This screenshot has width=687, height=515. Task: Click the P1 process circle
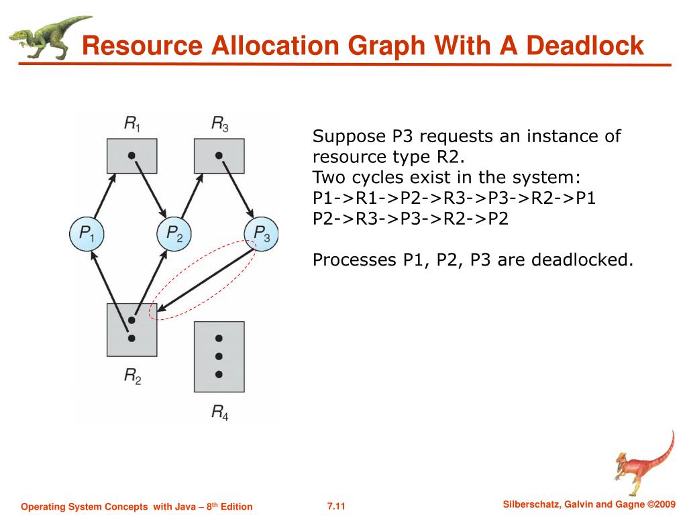tap(87, 234)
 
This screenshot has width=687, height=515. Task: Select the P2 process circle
tap(174, 234)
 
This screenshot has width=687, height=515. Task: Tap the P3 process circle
tap(261, 234)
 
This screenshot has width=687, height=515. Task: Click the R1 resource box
tap(132, 156)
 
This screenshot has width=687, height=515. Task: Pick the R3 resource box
tap(219, 156)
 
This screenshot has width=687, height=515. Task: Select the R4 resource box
tap(219, 357)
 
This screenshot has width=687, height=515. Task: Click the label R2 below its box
tap(133, 376)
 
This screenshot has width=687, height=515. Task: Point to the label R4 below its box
tap(220, 412)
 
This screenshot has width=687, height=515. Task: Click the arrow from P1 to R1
tap(104, 195)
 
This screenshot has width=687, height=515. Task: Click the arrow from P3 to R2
tap(206, 280)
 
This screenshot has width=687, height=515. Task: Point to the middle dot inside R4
tap(219, 357)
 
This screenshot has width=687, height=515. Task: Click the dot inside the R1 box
tap(131, 156)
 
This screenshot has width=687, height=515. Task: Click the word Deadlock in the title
tap(585, 45)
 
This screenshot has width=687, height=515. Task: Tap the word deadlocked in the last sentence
tap(582, 260)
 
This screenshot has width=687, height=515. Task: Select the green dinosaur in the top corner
tap(50, 38)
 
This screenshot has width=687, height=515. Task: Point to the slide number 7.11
tap(336, 506)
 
